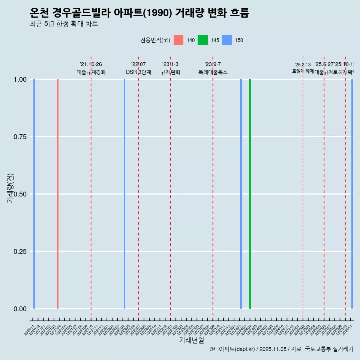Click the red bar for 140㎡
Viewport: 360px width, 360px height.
[58, 194]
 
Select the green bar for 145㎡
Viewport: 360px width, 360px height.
[250, 194]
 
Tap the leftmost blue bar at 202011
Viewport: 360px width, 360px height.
[34, 194]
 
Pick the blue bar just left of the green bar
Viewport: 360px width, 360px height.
[241, 194]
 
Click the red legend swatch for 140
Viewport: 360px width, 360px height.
[178, 40]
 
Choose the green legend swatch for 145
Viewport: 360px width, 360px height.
[202, 40]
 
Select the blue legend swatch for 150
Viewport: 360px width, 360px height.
[227, 40]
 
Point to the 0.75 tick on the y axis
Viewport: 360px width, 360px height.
[20, 137]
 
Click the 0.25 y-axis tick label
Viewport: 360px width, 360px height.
[20, 251]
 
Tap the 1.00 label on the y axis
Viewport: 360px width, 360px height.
[20, 79]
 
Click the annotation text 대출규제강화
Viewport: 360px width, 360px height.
[91, 72]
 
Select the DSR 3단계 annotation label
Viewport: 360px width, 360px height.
[138, 72]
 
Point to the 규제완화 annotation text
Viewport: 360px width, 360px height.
[171, 72]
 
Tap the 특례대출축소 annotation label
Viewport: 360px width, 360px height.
[213, 72]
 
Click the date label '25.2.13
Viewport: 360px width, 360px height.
[303, 65]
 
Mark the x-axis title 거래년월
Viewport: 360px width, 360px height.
[191, 340]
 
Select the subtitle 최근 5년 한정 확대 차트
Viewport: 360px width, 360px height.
[64, 24]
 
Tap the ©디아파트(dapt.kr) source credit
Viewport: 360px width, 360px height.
[232, 349]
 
